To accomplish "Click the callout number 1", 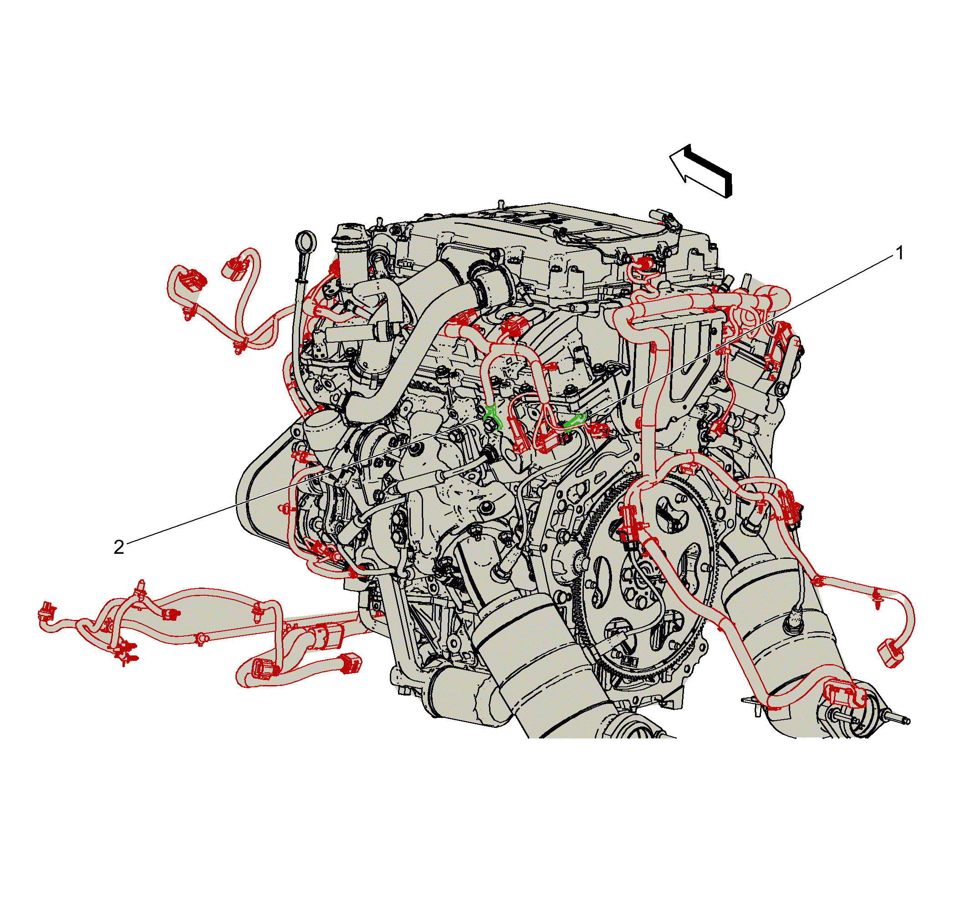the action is (900, 253).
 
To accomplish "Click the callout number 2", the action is (119, 547).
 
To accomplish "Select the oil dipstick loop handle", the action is (306, 241).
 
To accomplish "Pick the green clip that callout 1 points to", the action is (576, 422).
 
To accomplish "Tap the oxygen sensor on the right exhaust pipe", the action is (794, 623).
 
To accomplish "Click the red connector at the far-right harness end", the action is (890, 653).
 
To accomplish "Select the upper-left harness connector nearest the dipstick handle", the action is (236, 269).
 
